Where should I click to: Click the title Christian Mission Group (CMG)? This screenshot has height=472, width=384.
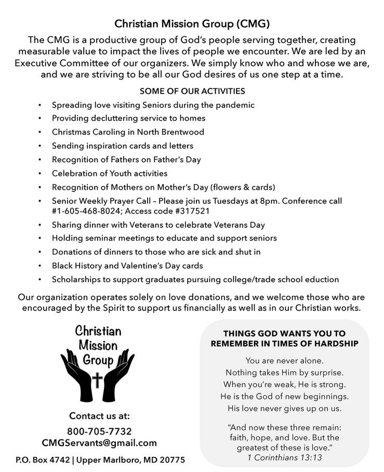192,23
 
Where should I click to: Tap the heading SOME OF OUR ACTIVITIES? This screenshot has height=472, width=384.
192,91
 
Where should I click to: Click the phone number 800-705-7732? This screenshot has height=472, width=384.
99,431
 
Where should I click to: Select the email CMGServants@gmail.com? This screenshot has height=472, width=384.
99,443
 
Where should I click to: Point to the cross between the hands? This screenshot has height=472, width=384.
97,380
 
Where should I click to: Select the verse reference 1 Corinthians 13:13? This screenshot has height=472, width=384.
284,457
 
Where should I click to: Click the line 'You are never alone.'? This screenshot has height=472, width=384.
284,360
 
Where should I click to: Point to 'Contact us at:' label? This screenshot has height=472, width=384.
99,416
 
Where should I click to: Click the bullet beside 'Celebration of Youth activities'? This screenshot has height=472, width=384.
40,174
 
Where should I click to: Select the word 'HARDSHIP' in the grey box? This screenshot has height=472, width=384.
331,344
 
